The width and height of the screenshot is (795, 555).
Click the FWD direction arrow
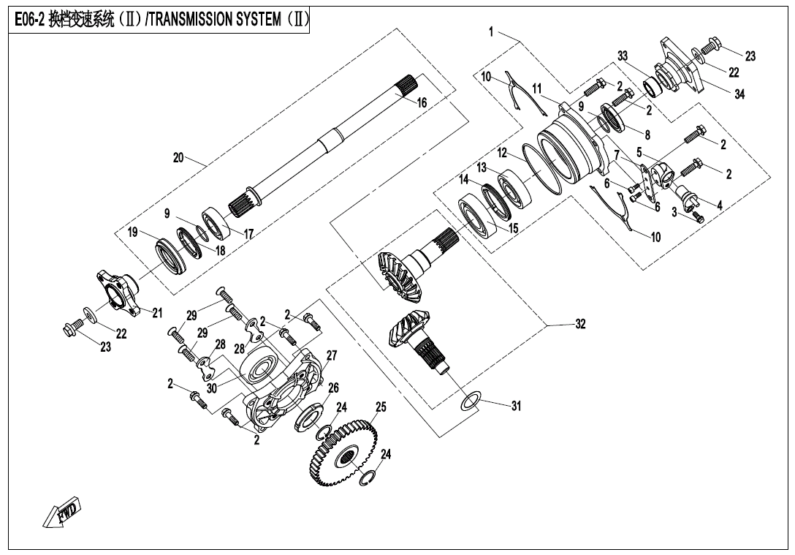pyautogui.click(x=63, y=512)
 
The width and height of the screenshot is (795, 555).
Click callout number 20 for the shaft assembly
pyautogui.click(x=179, y=158)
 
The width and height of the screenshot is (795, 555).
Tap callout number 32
pyautogui.click(x=579, y=325)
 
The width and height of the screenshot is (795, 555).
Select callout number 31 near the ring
pyautogui.click(x=516, y=407)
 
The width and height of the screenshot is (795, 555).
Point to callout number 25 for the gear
pyautogui.click(x=381, y=407)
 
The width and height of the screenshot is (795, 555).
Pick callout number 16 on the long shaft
pyautogui.click(x=422, y=103)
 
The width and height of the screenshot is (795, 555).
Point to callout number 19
pyautogui.click(x=132, y=233)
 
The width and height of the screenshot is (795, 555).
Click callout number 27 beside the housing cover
pyautogui.click(x=332, y=355)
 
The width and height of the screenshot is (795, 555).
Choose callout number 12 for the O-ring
pyautogui.click(x=503, y=153)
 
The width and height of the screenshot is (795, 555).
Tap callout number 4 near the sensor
pyautogui.click(x=720, y=205)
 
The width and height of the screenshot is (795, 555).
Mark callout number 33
pyautogui.click(x=623, y=56)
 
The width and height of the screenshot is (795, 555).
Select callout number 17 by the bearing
pyautogui.click(x=248, y=235)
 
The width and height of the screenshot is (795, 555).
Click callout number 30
pyautogui.click(x=212, y=389)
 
